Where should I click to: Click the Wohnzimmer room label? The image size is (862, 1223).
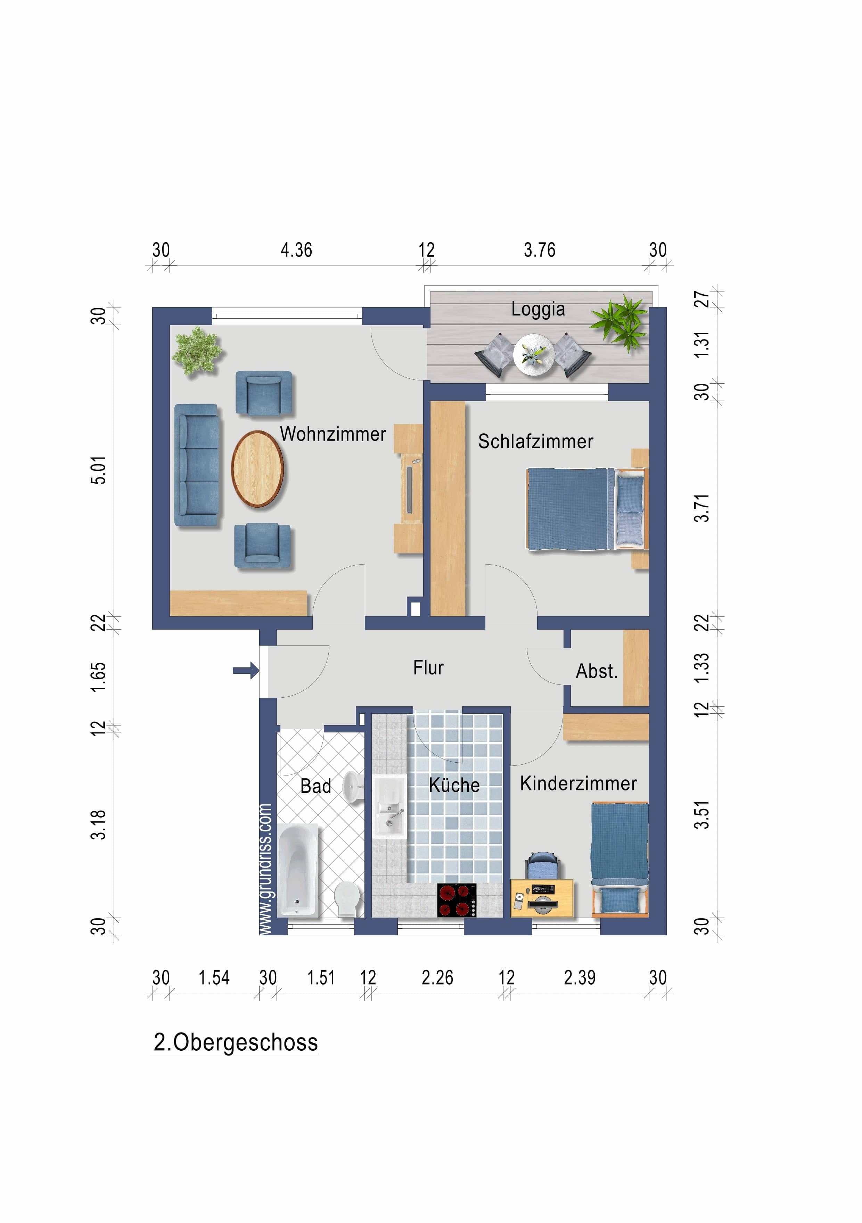(333, 434)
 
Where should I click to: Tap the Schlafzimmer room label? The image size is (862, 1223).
(535, 442)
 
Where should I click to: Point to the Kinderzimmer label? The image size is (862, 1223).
(578, 783)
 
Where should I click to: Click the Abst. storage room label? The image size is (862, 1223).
(597, 671)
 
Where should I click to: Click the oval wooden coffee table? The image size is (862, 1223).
(257, 469)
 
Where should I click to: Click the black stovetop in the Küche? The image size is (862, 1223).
(457, 900)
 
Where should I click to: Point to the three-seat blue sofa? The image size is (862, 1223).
(197, 466)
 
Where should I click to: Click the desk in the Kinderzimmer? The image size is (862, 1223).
(542, 898)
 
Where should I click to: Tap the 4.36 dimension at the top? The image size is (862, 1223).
(296, 251)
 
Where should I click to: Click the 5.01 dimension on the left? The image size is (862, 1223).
(99, 470)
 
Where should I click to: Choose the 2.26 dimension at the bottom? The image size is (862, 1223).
(437, 978)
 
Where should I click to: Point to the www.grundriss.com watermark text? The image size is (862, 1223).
(266, 869)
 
